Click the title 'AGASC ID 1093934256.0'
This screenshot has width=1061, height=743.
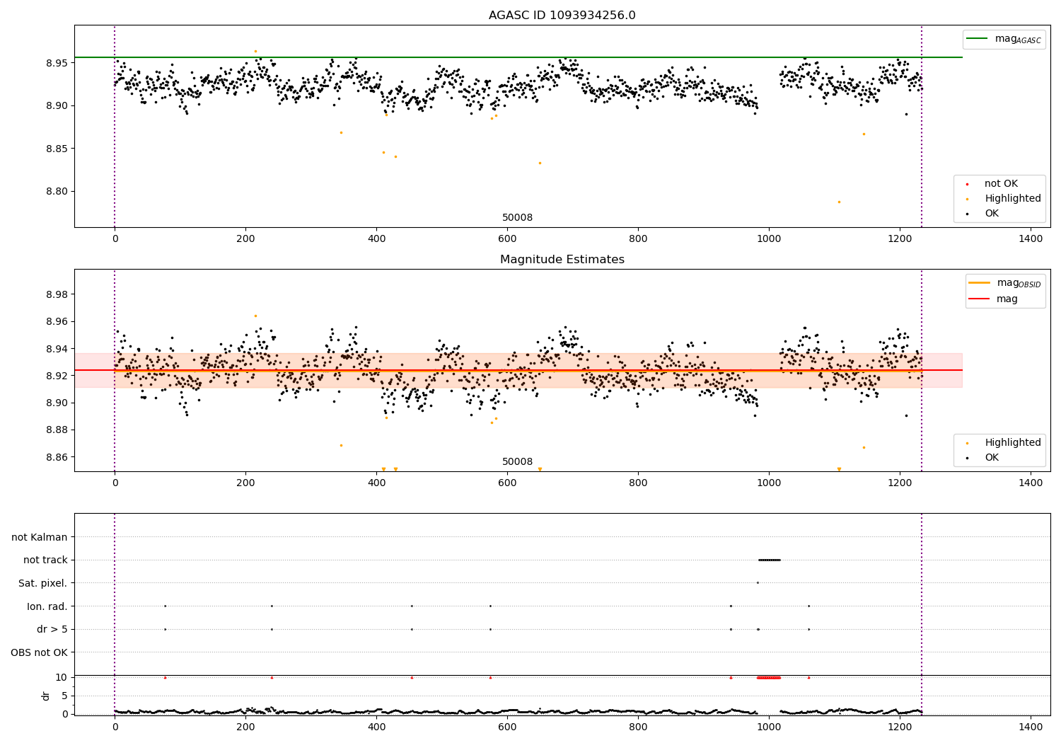pyautogui.click(x=562, y=16)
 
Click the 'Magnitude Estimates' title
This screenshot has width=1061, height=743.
pyautogui.click(x=562, y=260)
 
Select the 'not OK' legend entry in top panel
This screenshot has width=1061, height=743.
pyautogui.click(x=1001, y=184)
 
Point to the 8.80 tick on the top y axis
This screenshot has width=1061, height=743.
pyautogui.click(x=57, y=192)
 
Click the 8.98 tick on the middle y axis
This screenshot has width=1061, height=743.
pyautogui.click(x=57, y=294)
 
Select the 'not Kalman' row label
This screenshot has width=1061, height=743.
pyautogui.click(x=40, y=537)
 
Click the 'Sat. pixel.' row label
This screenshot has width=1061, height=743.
pyautogui.click(x=42, y=583)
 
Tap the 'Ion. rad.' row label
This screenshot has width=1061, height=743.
pyautogui.click(x=47, y=606)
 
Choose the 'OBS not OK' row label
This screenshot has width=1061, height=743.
pyautogui.click(x=39, y=652)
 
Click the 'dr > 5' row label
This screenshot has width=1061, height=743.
pyautogui.click(x=52, y=629)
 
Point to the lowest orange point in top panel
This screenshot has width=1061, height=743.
pyautogui.click(x=839, y=202)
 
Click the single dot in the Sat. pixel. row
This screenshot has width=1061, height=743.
pyautogui.click(x=758, y=583)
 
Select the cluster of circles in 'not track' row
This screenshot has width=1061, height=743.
pyautogui.click(x=769, y=560)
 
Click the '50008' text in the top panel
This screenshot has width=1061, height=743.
pyautogui.click(x=517, y=218)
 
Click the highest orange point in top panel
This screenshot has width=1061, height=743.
pyautogui.click(x=255, y=51)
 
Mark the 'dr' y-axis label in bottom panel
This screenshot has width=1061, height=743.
pyautogui.click(x=46, y=696)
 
